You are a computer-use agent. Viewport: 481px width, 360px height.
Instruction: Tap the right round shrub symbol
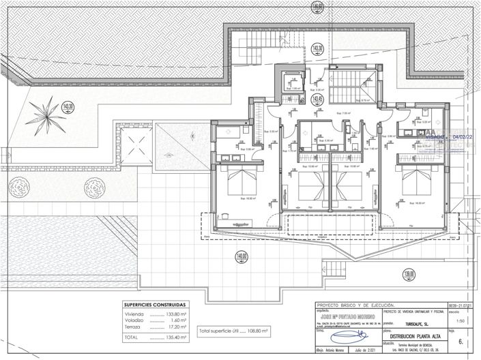[x=92, y=187]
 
